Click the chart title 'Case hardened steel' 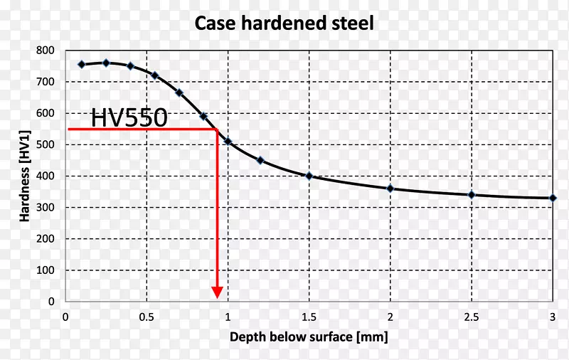[284, 23]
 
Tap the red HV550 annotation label [129, 117]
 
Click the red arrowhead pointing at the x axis [217, 292]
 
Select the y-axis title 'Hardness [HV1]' [26, 176]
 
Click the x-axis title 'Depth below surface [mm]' [309, 337]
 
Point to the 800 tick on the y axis [46, 51]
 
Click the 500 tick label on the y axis [46, 144]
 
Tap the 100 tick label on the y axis [46, 270]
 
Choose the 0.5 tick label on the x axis [147, 317]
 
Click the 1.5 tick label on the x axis [309, 317]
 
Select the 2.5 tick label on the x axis [471, 317]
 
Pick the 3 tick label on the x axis [553, 317]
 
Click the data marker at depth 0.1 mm [81, 64]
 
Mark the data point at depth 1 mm [228, 142]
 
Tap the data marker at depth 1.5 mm [309, 176]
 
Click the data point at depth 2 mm [390, 189]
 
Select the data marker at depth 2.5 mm [471, 195]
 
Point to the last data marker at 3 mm [553, 198]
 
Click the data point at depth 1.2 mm [260, 160]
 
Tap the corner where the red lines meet [217, 129]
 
